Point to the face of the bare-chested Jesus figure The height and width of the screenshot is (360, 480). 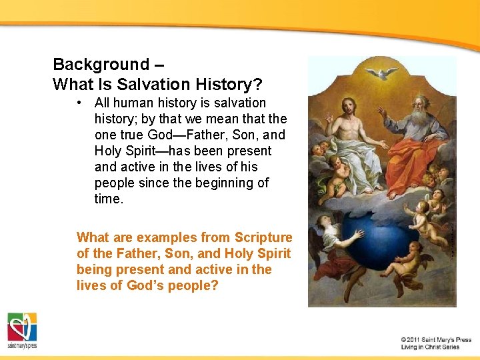(349, 107)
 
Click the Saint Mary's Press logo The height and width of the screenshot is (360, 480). (22, 331)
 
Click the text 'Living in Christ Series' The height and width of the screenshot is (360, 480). (430, 347)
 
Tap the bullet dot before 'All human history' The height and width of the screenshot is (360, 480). (79, 103)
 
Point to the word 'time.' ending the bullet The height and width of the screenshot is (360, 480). (109, 199)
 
